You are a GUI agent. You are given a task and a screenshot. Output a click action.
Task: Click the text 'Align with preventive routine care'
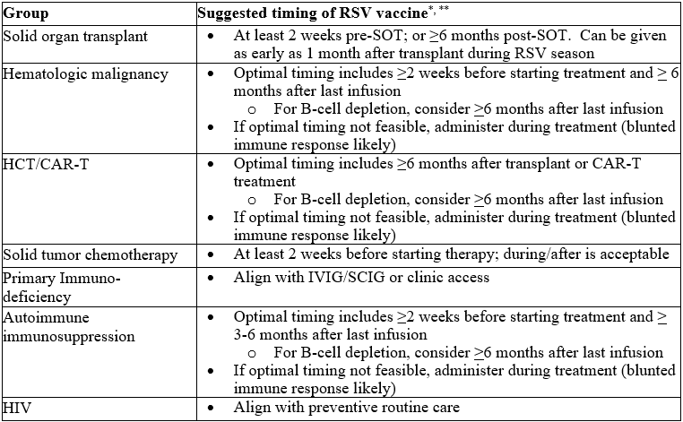(346, 409)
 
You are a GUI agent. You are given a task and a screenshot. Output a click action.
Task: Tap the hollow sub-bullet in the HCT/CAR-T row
(253, 199)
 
